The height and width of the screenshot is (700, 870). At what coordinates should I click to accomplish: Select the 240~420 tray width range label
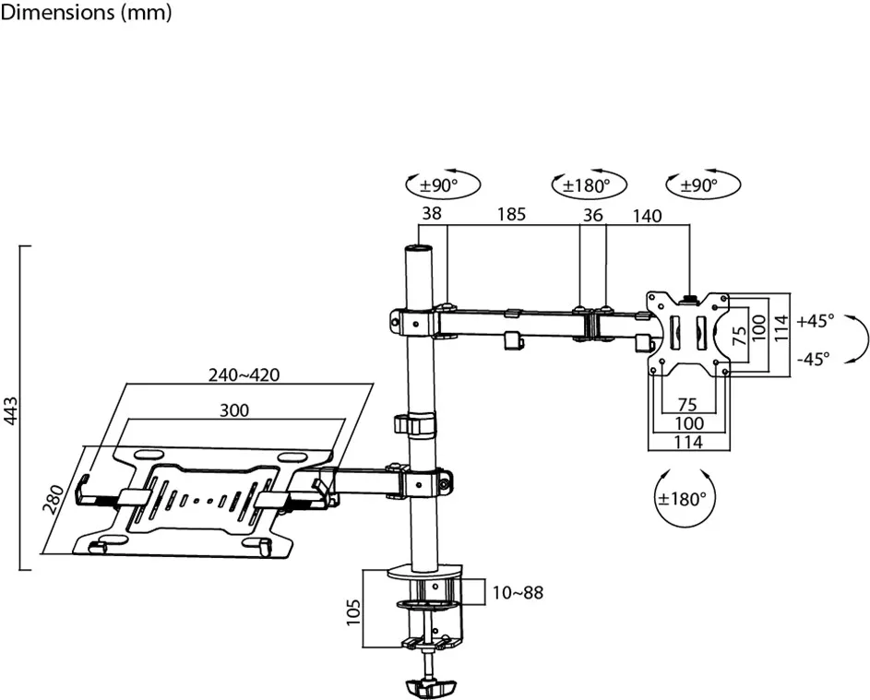click(244, 375)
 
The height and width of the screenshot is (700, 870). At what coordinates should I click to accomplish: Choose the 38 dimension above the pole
click(431, 214)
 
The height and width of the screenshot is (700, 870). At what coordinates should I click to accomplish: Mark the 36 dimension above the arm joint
click(593, 215)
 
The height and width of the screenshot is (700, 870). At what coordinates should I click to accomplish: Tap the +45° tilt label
click(815, 320)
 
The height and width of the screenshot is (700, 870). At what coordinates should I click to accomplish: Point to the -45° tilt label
click(815, 359)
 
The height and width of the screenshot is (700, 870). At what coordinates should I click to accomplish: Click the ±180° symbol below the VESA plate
click(684, 499)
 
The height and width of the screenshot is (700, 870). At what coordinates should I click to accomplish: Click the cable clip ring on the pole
click(415, 425)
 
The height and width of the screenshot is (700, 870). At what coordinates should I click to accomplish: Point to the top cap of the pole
click(416, 249)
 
